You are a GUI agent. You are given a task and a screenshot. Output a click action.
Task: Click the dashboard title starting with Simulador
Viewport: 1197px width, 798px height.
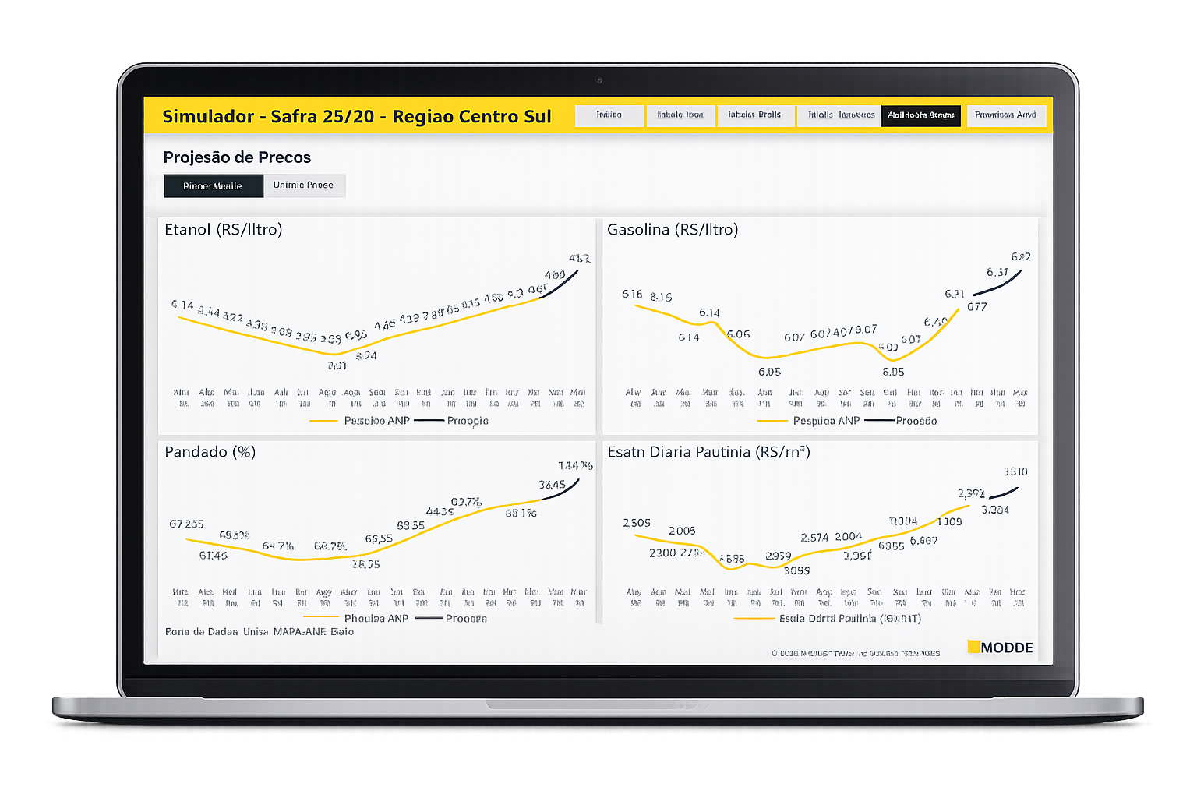pos(356,117)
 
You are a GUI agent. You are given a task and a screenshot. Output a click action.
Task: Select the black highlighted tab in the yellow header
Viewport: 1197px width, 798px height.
pos(920,115)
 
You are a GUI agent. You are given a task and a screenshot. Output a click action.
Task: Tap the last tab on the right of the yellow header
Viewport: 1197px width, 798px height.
pos(1005,115)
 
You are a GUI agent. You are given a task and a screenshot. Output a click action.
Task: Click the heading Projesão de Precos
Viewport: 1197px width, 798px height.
pos(237,157)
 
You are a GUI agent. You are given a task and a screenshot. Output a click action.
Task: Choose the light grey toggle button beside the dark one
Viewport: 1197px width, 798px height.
pos(303,185)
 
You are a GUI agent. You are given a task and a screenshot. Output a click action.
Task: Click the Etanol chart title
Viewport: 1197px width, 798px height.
pos(224,230)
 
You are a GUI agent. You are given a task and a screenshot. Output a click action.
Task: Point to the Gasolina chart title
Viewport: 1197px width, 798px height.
pos(673,230)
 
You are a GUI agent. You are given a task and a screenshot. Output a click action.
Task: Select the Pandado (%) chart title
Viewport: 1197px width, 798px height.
pos(210,452)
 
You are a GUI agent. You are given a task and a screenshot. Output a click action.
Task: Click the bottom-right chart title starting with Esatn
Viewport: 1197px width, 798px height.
pos(708,452)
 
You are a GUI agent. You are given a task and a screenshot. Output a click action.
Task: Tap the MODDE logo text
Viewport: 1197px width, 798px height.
pos(1007,648)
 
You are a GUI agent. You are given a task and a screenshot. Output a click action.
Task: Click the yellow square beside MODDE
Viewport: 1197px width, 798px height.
pos(973,646)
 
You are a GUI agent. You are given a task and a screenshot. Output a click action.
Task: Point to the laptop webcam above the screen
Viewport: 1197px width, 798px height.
pos(598,79)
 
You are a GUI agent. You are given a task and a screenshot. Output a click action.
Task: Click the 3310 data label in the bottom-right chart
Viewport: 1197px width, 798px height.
pos(1015,471)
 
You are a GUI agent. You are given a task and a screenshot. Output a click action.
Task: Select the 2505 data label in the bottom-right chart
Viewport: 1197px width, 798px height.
pos(637,523)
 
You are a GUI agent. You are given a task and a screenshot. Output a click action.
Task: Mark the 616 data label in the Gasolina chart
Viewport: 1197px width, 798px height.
pos(632,294)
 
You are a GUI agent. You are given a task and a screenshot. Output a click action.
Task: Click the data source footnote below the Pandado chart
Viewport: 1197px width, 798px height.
pos(260,632)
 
